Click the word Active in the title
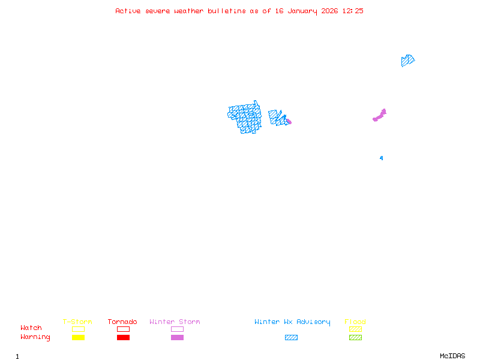(x=128, y=11)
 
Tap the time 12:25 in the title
(x=353, y=11)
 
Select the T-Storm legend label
(x=77, y=322)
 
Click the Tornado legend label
(x=122, y=322)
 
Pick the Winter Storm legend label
(x=175, y=322)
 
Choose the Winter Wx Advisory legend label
(x=292, y=322)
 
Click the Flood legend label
(x=355, y=322)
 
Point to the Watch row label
(x=31, y=328)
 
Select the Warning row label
(x=35, y=337)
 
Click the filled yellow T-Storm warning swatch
(x=78, y=338)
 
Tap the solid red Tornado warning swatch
(x=123, y=338)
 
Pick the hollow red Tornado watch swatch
(x=123, y=329)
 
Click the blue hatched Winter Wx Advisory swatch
(x=291, y=338)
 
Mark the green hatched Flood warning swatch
(x=355, y=338)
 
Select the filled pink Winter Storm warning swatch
(x=177, y=338)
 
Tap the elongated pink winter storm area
(x=380, y=115)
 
